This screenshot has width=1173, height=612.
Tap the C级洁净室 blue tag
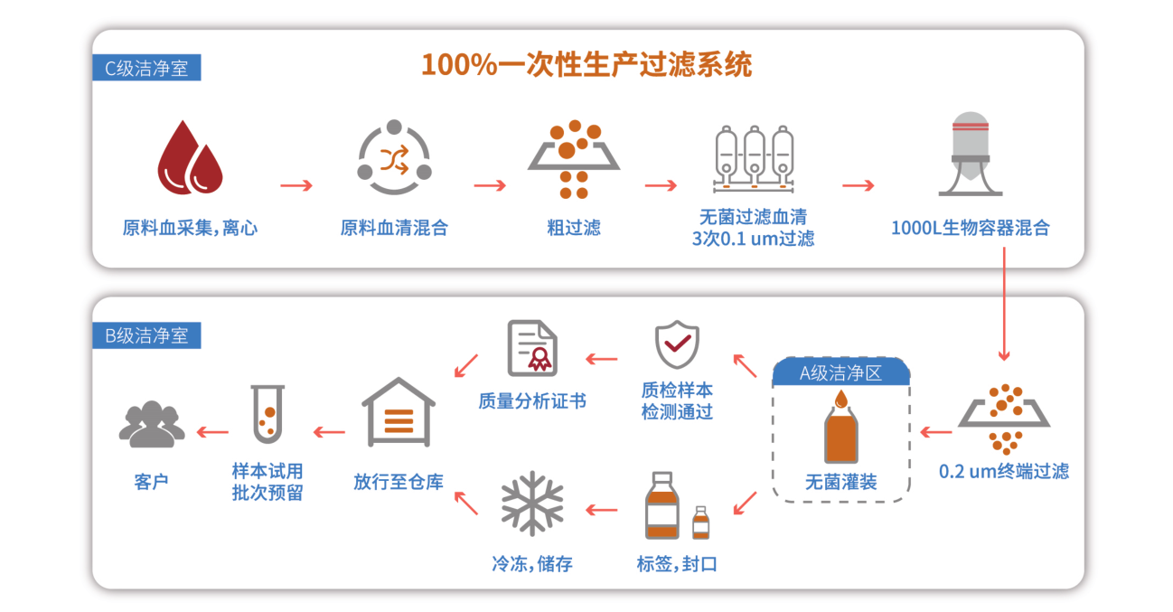click(146, 68)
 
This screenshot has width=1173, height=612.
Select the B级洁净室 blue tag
click(146, 335)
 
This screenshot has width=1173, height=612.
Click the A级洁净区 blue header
click(840, 372)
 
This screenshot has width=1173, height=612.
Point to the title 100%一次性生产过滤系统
click(586, 65)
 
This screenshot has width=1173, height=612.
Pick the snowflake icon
click(532, 504)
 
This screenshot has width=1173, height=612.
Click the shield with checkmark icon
click(677, 344)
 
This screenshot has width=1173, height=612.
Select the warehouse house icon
click(399, 413)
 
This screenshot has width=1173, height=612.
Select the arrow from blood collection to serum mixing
click(296, 186)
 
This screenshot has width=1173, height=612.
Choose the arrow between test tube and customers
click(213, 432)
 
